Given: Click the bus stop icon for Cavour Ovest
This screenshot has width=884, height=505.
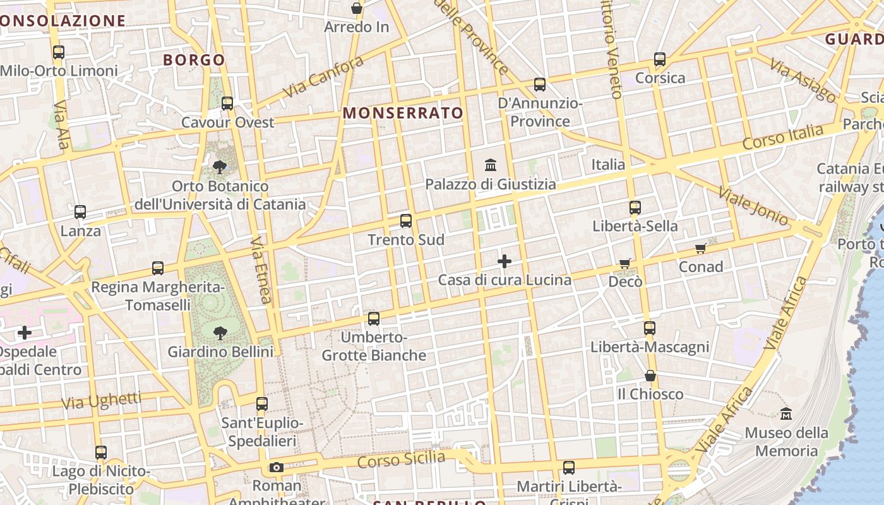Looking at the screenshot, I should (227, 103).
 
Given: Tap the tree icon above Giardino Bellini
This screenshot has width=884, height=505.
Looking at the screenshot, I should (220, 333).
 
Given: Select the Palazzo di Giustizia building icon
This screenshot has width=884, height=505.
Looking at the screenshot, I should (491, 165).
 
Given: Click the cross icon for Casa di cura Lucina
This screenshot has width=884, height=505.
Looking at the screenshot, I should (505, 261).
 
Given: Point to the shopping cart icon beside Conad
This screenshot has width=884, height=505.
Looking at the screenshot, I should (700, 248).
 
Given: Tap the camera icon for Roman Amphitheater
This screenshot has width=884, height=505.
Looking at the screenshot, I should (276, 468).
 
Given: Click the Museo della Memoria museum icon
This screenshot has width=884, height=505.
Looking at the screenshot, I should (786, 414).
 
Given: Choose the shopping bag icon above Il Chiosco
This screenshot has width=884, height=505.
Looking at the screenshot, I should (650, 376).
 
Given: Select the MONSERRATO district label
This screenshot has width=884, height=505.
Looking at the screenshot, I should (403, 113).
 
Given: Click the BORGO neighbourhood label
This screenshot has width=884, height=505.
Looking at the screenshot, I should (194, 60).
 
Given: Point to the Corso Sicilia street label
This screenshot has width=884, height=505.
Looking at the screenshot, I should (401, 460).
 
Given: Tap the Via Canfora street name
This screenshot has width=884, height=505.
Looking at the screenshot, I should (323, 76).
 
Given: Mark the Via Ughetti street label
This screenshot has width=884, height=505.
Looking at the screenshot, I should (102, 401).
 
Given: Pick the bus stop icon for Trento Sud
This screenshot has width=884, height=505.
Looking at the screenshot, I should (406, 221).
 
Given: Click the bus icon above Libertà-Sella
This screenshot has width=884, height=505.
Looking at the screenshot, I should (635, 207).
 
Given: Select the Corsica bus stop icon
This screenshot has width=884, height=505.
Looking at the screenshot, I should (660, 59).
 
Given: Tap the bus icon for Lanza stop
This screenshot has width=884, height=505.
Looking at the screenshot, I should (80, 212).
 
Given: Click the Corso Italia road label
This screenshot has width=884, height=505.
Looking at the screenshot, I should (783, 136).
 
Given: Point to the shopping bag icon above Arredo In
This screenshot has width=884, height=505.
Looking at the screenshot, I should (357, 8).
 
